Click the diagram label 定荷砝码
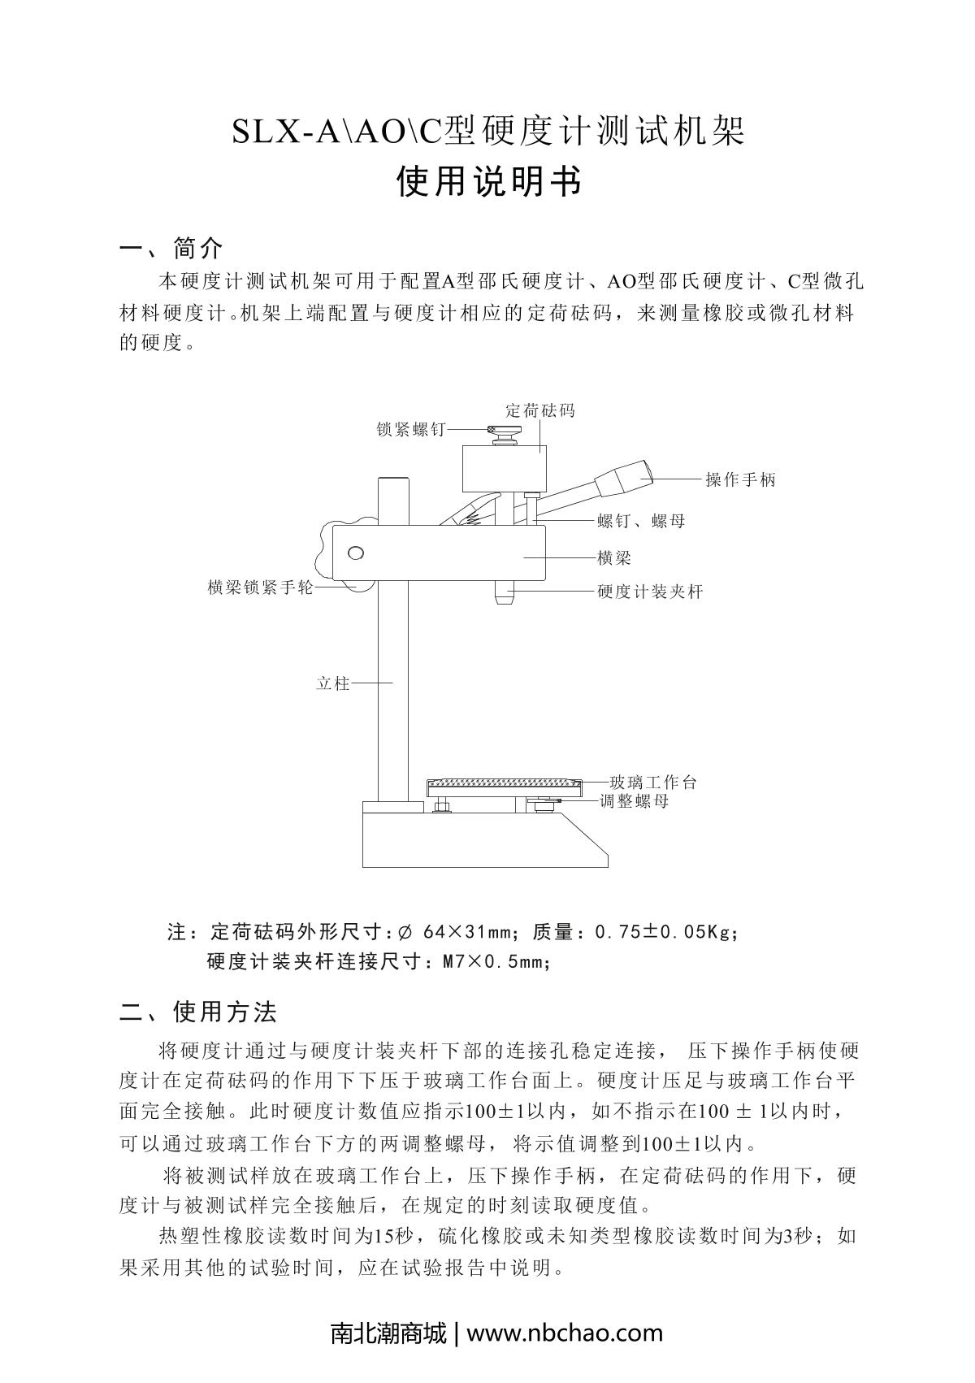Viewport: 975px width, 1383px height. click(539, 410)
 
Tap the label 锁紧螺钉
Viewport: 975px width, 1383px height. click(411, 429)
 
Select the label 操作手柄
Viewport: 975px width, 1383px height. click(740, 479)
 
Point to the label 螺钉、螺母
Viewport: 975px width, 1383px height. click(641, 521)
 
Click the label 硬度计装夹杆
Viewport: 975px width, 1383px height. click(650, 592)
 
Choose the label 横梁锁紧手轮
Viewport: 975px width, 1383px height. click(260, 587)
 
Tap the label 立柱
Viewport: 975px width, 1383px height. click(332, 683)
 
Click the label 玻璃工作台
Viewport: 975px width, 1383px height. click(653, 783)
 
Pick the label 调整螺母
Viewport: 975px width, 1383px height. click(634, 801)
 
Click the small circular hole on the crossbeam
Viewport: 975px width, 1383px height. click(355, 553)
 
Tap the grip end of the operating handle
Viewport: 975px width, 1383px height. click(626, 478)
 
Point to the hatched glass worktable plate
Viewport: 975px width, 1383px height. click(504, 784)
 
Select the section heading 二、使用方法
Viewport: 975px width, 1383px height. click(198, 1012)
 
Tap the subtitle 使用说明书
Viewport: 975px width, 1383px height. click(488, 183)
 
